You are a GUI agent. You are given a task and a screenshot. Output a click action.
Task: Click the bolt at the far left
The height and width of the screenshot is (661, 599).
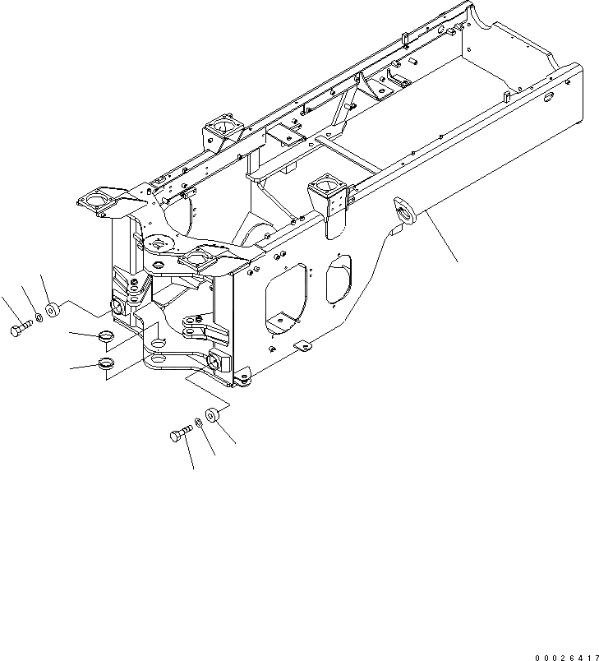(x=20, y=330)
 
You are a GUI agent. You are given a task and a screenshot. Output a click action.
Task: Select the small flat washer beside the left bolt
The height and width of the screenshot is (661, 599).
(x=38, y=318)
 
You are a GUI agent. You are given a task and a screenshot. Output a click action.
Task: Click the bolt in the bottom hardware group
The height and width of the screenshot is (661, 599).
(x=181, y=433)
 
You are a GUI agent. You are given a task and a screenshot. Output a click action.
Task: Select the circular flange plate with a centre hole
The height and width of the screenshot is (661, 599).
(x=158, y=244)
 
